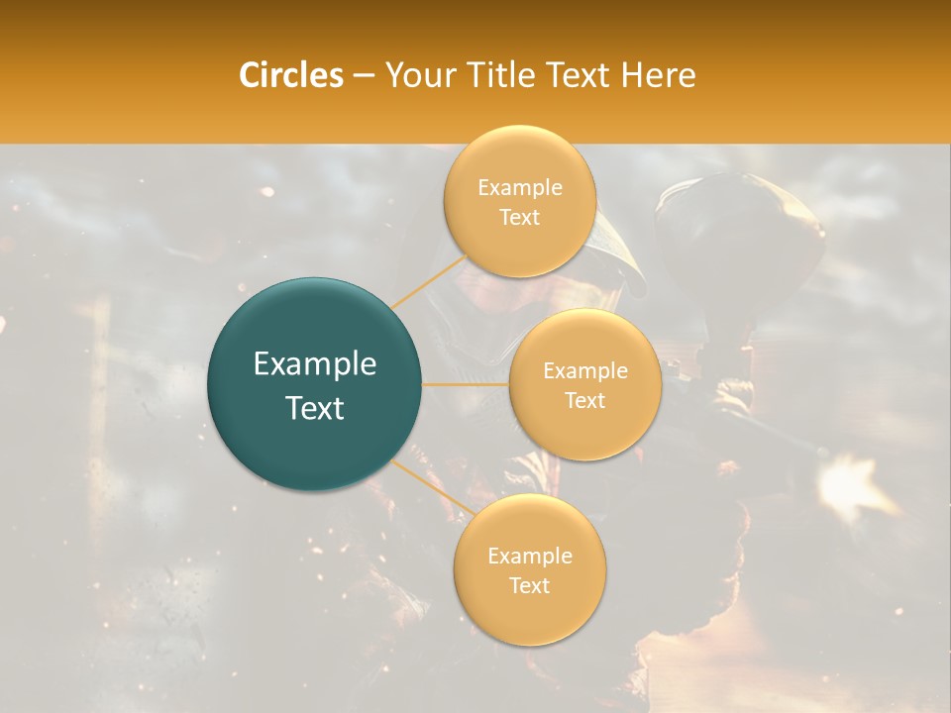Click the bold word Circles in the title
pyautogui.click(x=291, y=75)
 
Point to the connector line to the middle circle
pyautogui.click(x=466, y=383)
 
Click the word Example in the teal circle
pyautogui.click(x=315, y=364)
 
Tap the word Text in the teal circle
pyautogui.click(x=315, y=408)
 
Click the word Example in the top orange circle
pyautogui.click(x=519, y=188)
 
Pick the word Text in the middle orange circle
pyautogui.click(x=584, y=400)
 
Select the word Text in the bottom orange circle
pyautogui.click(x=530, y=585)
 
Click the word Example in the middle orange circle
pyautogui.click(x=584, y=371)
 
